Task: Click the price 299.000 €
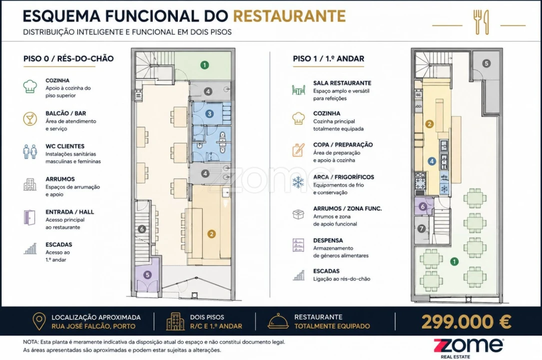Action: (466, 322)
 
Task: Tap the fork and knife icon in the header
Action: (482, 22)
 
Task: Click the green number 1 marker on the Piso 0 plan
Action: (205, 65)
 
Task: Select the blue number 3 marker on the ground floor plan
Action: (209, 114)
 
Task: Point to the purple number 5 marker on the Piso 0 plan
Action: (147, 275)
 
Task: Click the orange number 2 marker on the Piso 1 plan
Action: (429, 124)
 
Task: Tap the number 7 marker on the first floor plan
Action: (422, 228)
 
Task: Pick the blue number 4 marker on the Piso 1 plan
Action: (432, 161)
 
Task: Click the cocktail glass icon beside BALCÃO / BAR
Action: (30, 118)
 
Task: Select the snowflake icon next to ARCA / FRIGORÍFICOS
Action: (298, 182)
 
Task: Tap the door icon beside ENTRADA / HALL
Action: (30, 217)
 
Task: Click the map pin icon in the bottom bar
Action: (39, 321)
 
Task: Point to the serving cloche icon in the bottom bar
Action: (278, 321)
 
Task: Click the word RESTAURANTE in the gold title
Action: (289, 16)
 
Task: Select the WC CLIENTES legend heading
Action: (65, 146)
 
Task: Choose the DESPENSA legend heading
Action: (328, 240)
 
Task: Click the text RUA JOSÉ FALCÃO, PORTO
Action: (93, 326)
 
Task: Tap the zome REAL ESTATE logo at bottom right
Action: (469, 348)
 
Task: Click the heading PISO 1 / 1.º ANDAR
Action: (328, 59)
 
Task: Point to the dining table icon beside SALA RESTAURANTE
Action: (298, 90)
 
